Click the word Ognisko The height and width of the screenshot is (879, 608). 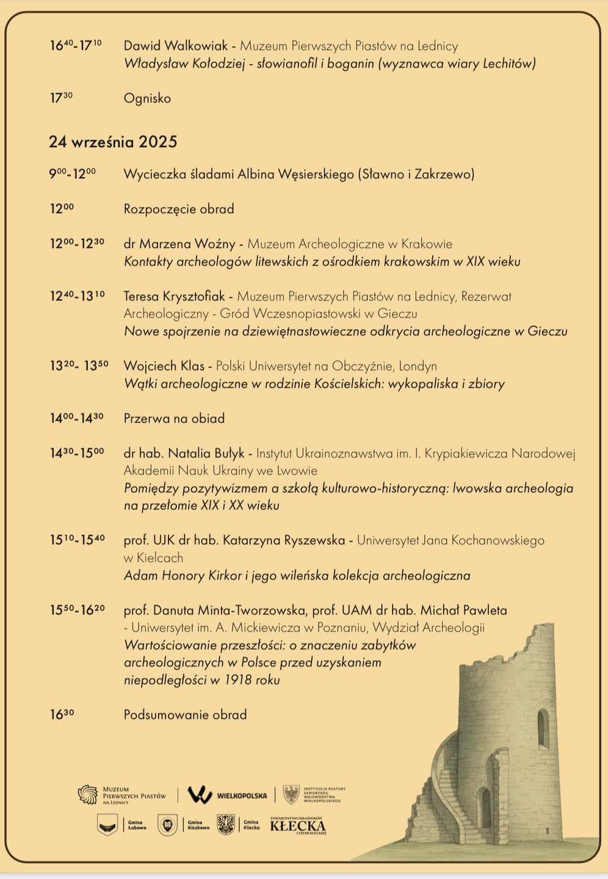[x=147, y=98]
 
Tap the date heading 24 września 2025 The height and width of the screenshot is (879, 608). [x=113, y=142]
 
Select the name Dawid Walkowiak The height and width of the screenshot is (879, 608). [x=176, y=46]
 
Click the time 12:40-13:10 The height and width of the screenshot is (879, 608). [x=77, y=296]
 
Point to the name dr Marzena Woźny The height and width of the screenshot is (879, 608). [x=179, y=244]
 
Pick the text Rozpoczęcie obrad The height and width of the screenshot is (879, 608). [x=179, y=209]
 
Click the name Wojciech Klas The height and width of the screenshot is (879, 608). [x=164, y=366]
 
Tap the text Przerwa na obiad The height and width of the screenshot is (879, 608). [x=174, y=419]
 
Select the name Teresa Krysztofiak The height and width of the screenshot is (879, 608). [x=174, y=297]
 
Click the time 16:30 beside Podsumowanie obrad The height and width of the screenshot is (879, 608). [x=62, y=714]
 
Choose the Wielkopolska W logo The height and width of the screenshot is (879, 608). [x=200, y=795]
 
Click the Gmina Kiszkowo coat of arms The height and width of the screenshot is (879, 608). [x=167, y=825]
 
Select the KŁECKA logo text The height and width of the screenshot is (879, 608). [x=298, y=826]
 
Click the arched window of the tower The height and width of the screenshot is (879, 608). [x=542, y=729]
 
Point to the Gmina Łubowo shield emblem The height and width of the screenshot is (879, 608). [x=107, y=825]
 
